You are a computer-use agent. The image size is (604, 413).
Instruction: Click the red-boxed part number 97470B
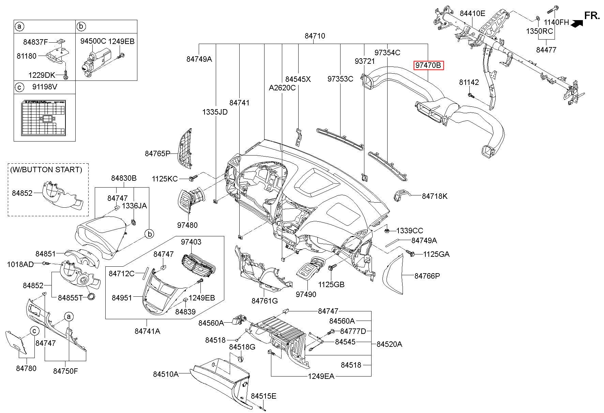click(428, 65)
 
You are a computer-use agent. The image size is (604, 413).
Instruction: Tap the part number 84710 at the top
click(315, 36)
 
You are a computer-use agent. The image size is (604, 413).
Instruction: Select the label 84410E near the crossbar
click(472, 14)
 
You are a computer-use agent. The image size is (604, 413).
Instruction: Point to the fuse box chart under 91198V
click(44, 117)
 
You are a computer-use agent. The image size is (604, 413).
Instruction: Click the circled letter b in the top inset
click(81, 26)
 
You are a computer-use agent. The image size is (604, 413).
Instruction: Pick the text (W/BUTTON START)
click(46, 169)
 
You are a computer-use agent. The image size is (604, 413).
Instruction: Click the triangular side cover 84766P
click(394, 275)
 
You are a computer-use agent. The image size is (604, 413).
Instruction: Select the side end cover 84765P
click(184, 149)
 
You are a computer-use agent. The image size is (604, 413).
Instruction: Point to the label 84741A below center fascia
click(147, 331)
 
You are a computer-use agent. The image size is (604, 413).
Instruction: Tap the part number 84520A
click(389, 344)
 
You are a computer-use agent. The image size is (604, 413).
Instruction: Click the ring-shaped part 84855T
click(91, 296)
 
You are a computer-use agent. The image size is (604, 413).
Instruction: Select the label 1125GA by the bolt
click(436, 254)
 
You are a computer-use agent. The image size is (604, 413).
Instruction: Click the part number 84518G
click(242, 347)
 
